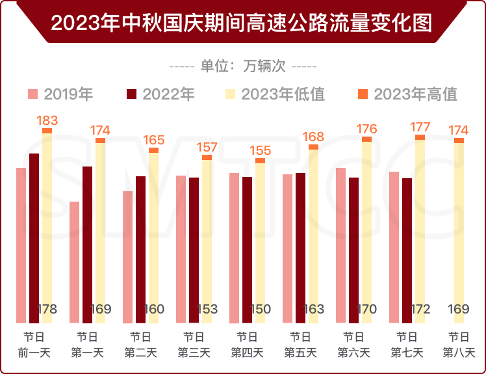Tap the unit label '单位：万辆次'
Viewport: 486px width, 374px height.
(x=243, y=66)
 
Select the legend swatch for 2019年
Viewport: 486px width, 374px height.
(x=33, y=94)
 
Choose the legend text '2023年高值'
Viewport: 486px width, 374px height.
(x=415, y=94)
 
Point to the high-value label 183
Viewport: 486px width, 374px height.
(x=47, y=120)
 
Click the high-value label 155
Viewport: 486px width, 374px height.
(x=260, y=151)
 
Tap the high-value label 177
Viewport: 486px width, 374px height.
(x=420, y=126)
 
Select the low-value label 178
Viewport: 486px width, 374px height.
(x=47, y=309)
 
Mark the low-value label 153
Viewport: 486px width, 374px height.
(x=207, y=309)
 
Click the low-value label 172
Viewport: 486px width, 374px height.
(x=420, y=309)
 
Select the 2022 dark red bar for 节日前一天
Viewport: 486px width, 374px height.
(x=34, y=238)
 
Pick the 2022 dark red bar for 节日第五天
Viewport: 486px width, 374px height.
(x=301, y=248)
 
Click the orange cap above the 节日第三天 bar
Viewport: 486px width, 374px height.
(x=207, y=157)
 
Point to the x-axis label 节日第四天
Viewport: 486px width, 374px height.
(x=247, y=345)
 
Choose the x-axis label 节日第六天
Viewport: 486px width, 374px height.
(x=353, y=345)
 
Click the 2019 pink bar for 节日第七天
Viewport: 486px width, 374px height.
(x=394, y=247)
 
